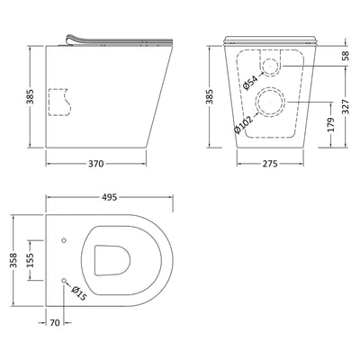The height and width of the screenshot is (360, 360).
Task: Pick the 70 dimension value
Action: (x=55, y=321)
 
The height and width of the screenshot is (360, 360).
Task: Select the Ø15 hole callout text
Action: (x=77, y=292)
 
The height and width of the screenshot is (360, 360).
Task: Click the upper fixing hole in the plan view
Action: (x=64, y=240)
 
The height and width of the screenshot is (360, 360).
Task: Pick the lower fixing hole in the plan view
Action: (x=64, y=282)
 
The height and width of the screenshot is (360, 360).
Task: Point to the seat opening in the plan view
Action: (x=110, y=261)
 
